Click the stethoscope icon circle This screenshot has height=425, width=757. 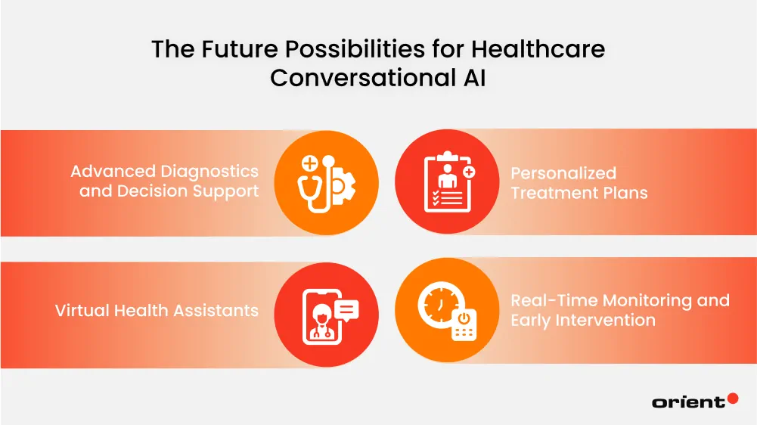pos(326,182)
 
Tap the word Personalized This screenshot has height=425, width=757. pos(563,173)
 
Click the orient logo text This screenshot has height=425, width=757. pos(687,402)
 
